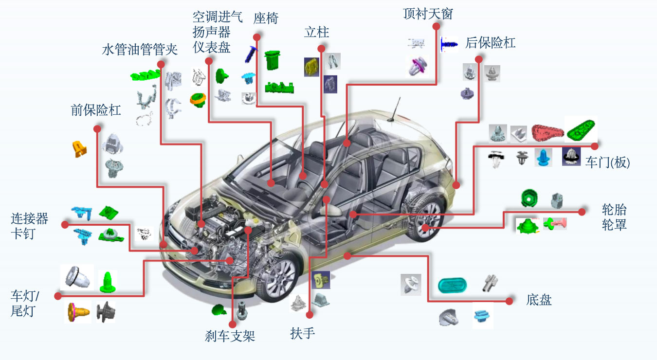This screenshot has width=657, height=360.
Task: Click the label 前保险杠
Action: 96,110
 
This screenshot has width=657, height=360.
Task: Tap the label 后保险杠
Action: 490,43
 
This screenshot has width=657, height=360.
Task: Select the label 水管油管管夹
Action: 140,50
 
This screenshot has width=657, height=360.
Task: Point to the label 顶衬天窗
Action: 428,14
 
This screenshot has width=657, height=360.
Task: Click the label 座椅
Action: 266,19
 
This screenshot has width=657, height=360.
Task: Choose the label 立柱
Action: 316,33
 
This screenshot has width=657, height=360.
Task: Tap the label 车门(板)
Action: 607,162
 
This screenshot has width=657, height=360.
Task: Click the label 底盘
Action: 539,300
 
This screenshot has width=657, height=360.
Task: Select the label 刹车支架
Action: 230,336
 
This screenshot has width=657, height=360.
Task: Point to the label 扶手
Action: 302,334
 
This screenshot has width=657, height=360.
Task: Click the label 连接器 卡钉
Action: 30,225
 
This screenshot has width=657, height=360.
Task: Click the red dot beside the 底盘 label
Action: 509,301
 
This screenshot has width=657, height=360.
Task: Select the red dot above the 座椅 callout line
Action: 257,37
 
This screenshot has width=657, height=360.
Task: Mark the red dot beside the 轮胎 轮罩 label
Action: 582,212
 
